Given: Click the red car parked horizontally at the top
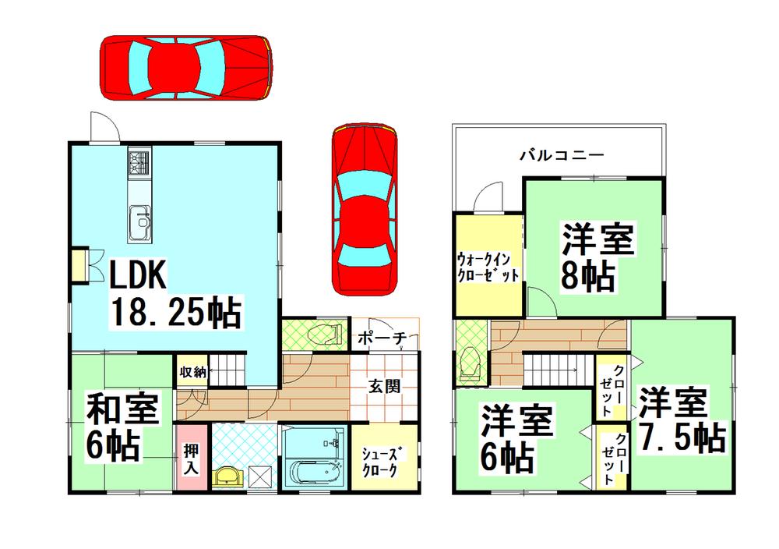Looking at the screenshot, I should click(185, 68).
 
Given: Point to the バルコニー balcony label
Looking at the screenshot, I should click(561, 155).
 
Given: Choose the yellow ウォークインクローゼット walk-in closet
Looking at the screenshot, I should click(488, 265).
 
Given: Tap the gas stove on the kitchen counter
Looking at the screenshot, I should click(139, 165).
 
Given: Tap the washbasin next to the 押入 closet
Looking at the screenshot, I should click(227, 476).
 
